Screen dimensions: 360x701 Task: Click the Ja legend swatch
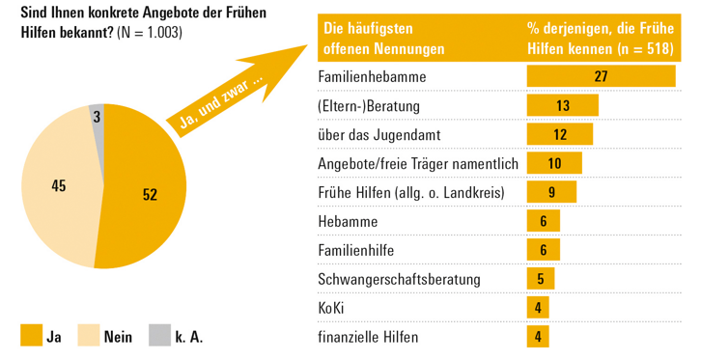(x=31, y=335)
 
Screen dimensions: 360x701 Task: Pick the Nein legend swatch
(x=89, y=335)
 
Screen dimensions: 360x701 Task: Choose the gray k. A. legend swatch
(x=160, y=335)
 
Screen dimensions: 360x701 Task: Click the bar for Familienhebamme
(x=600, y=75)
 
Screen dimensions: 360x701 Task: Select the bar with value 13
(x=562, y=104)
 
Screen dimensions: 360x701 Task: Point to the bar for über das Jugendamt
(x=559, y=134)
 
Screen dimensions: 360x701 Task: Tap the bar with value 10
(x=553, y=163)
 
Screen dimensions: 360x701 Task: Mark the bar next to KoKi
(x=537, y=308)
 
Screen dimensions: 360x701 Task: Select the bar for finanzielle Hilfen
(x=537, y=337)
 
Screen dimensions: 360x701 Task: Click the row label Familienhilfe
(x=357, y=250)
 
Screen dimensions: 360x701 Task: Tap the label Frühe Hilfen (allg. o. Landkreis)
(x=411, y=192)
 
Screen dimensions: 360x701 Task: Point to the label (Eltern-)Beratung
(x=369, y=104)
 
